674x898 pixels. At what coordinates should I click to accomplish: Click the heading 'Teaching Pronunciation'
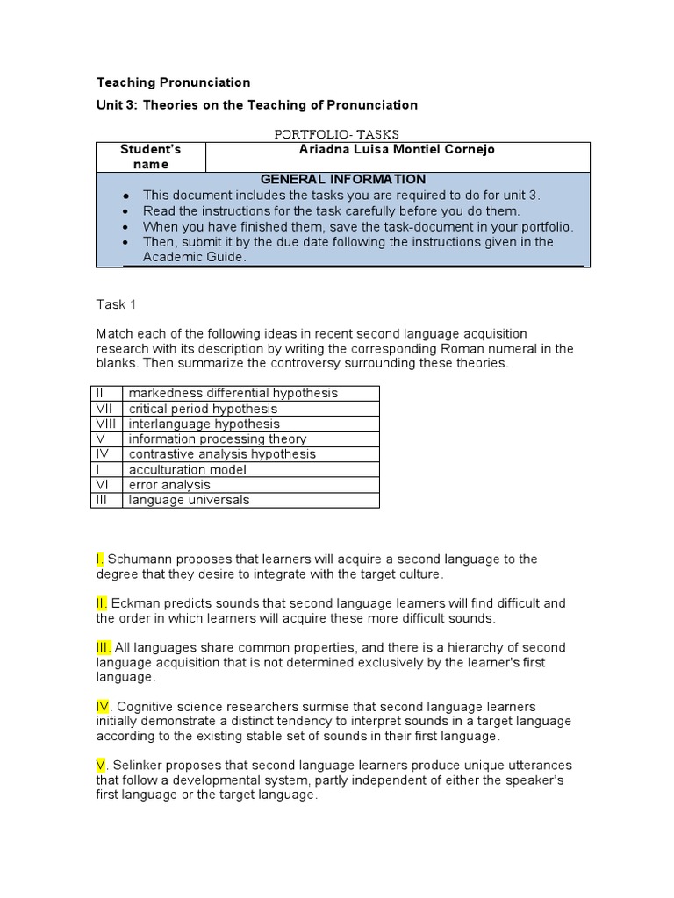click(x=173, y=82)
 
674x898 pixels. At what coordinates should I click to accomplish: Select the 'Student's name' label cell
click(x=150, y=157)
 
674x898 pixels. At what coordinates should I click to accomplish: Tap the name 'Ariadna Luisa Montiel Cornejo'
click(x=397, y=150)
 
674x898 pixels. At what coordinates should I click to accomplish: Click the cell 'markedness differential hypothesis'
click(x=233, y=394)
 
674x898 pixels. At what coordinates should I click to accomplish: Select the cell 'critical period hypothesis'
click(x=203, y=409)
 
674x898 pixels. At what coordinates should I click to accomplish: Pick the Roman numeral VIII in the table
click(x=105, y=424)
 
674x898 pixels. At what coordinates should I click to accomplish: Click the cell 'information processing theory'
click(x=218, y=438)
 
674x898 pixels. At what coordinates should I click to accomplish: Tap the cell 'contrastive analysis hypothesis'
click(x=222, y=454)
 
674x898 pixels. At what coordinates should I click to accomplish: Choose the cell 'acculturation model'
click(x=188, y=470)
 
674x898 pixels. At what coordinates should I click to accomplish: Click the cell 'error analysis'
click(x=169, y=485)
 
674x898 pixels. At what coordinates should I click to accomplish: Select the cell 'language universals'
click(x=189, y=500)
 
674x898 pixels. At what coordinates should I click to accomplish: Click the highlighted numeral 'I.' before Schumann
click(x=101, y=559)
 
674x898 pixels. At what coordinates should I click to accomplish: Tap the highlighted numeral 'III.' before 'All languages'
click(x=104, y=648)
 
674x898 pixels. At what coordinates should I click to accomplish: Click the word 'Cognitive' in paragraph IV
click(x=145, y=707)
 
